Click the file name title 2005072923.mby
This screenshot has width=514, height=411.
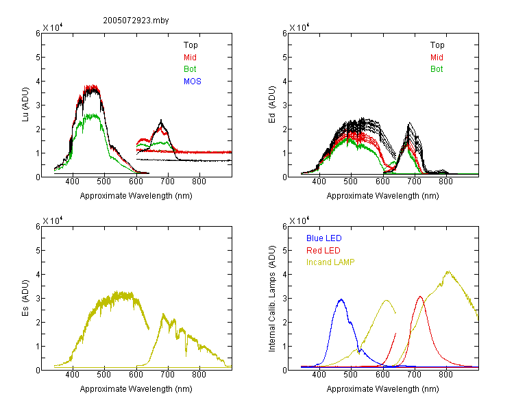(136, 21)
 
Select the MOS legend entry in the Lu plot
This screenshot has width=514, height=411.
(192, 82)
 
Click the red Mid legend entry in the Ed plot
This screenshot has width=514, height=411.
(437, 58)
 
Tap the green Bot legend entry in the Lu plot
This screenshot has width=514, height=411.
(190, 69)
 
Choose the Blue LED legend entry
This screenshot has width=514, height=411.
(324, 238)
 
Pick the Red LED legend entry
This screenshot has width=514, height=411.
(323, 251)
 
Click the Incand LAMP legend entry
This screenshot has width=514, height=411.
(330, 262)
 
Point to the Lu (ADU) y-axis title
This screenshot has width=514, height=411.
(25, 104)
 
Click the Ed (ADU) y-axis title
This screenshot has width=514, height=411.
(272, 104)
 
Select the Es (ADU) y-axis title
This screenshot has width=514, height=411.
(25, 297)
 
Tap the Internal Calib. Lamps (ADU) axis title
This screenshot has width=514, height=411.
(272, 299)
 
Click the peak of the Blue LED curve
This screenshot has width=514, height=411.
(341, 299)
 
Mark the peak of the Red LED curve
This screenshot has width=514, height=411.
(420, 297)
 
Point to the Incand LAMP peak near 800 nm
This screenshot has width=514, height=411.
(448, 271)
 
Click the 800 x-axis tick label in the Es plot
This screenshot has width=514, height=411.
(199, 375)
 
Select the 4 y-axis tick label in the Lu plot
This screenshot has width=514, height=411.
(38, 81)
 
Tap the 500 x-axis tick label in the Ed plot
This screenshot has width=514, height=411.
(350, 182)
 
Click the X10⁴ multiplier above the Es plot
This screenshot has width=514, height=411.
(53, 221)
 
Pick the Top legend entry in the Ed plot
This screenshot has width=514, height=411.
(437, 45)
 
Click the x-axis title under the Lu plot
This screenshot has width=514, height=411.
(136, 196)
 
